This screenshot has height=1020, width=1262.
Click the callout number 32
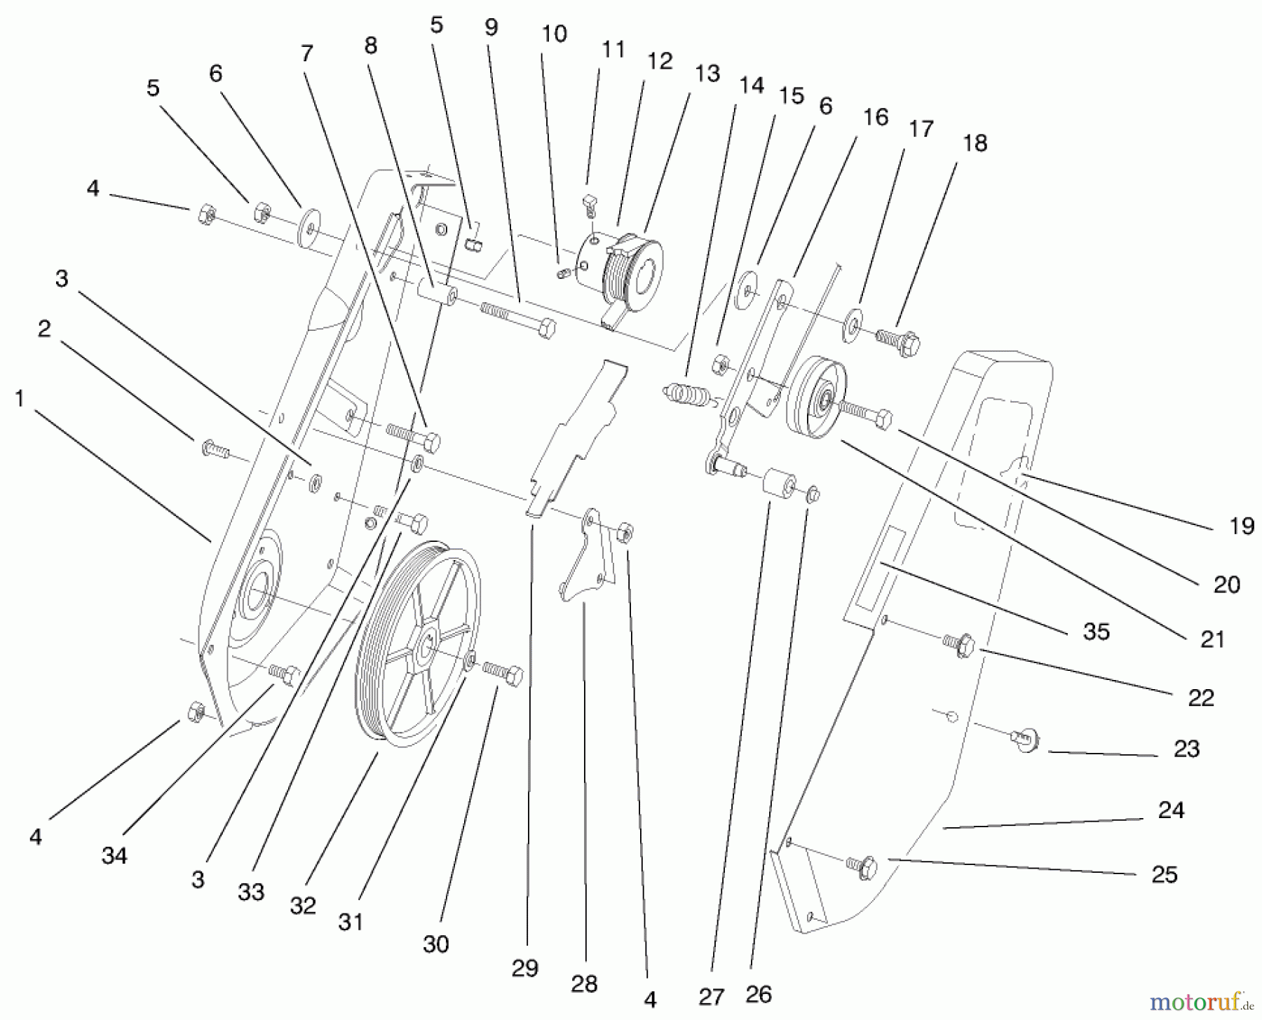[x=303, y=906]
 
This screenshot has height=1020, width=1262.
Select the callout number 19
[x=1242, y=526]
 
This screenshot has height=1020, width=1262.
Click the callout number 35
[x=1097, y=632]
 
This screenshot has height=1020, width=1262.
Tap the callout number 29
[x=524, y=968]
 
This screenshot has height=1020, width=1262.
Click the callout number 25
[x=1165, y=874]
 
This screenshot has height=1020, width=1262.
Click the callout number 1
[x=20, y=399]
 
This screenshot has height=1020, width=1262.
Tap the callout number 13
[x=707, y=74]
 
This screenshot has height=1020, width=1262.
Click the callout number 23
[x=1186, y=749]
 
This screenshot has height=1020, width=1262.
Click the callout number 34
[x=114, y=855]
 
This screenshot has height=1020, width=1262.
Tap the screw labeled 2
[x=214, y=447]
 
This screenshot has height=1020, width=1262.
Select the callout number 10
[x=554, y=34]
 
